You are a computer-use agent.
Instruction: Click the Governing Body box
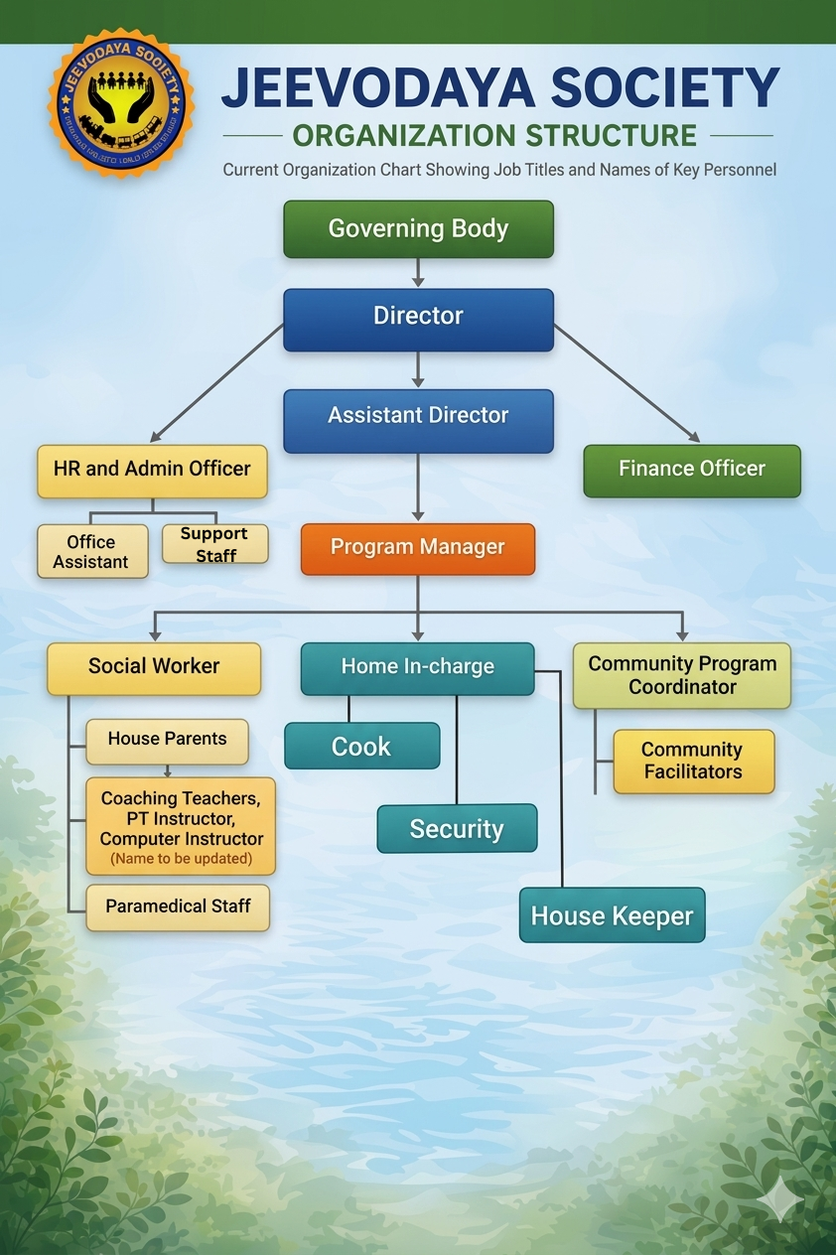(x=418, y=229)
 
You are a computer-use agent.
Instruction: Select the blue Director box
(x=418, y=318)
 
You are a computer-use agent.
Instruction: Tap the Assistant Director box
(x=418, y=417)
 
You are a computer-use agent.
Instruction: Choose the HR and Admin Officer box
(x=152, y=470)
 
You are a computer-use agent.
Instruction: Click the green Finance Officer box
(x=692, y=470)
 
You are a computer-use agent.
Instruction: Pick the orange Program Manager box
(x=418, y=548)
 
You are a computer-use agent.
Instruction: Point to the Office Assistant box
(x=91, y=552)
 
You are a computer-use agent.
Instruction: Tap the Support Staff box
(x=214, y=544)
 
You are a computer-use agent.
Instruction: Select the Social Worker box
(x=154, y=667)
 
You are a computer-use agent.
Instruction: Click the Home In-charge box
(x=418, y=667)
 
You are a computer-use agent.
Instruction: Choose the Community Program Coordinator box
(x=682, y=675)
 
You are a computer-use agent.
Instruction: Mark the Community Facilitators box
(x=693, y=761)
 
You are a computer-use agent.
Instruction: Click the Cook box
(x=361, y=747)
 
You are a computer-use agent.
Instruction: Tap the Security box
(x=457, y=829)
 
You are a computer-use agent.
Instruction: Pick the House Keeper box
(x=612, y=915)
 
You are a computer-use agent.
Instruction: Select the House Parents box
(x=167, y=740)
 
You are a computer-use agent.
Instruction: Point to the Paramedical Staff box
(x=178, y=906)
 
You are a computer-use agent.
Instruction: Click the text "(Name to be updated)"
(x=181, y=858)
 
